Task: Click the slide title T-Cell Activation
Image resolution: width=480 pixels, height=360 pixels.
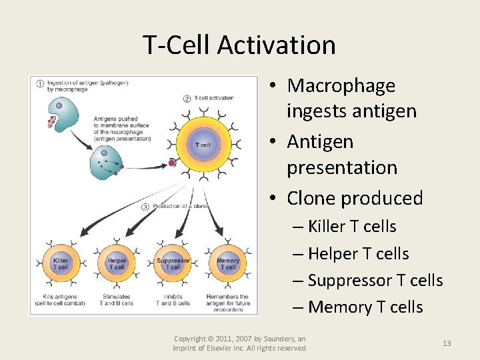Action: coord(239,45)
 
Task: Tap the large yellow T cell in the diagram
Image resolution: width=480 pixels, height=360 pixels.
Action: coord(203,145)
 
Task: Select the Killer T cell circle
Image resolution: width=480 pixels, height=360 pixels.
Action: coord(61,264)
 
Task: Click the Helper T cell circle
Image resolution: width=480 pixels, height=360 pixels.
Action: coord(117,264)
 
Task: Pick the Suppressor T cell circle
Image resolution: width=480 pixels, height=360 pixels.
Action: coord(173,264)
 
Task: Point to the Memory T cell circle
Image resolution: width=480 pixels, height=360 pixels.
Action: coord(228,264)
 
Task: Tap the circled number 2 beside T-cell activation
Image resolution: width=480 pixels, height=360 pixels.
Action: coord(187,99)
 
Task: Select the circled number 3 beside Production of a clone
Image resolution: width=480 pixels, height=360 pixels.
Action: coord(145,207)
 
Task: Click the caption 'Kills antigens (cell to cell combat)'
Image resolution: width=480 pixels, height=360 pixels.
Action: coord(61,300)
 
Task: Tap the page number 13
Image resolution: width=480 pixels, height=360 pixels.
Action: coord(447,343)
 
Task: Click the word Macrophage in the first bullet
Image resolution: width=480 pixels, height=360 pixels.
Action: coord(341,85)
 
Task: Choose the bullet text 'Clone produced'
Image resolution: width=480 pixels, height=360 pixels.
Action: coord(355,198)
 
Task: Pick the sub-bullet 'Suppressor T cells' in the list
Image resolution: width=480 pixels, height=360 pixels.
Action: coord(375,280)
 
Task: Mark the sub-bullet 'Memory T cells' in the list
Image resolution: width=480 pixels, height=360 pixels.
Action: coord(365,307)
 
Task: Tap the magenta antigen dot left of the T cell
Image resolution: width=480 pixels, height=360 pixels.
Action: coord(172,162)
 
